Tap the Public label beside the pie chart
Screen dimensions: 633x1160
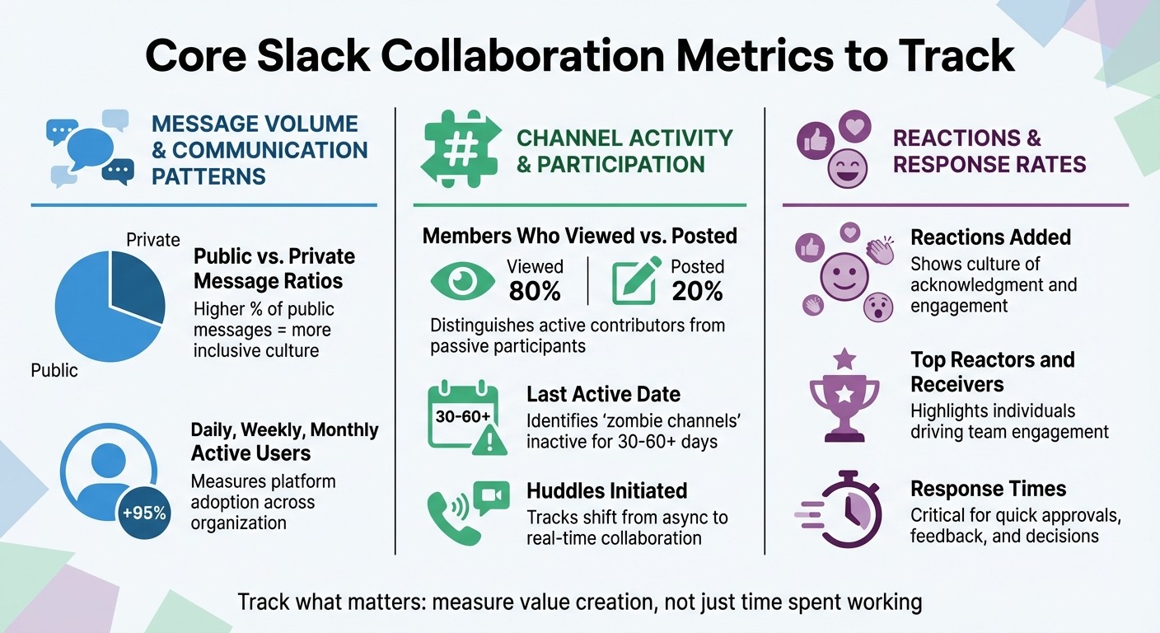point(54,370)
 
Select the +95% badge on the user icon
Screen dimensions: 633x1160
point(145,513)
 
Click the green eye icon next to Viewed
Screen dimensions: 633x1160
point(463,281)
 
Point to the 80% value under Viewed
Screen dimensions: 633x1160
point(535,291)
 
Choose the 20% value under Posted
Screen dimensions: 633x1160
point(697,291)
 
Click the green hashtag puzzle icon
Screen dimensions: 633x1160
point(460,148)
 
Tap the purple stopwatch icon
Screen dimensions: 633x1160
point(844,510)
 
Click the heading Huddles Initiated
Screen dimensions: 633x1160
point(606,491)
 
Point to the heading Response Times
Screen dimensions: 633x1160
point(988,489)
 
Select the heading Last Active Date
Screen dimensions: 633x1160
point(603,394)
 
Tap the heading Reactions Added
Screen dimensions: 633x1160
point(990,237)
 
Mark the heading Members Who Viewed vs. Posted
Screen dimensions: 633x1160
point(579,237)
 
